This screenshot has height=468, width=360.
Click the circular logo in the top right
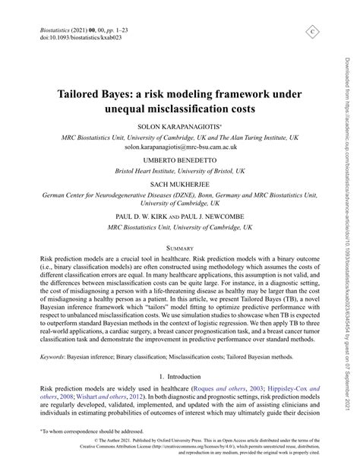point(312,31)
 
